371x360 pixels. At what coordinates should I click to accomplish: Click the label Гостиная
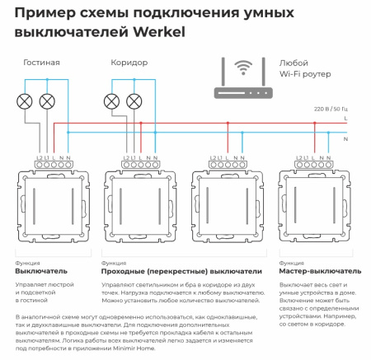point(41,62)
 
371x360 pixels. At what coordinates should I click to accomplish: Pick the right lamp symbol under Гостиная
point(48,102)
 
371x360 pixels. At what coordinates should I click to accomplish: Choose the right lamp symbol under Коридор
point(134,102)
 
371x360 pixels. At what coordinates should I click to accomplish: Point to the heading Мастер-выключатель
point(320,271)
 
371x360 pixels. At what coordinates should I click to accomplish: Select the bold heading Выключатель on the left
point(40,271)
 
